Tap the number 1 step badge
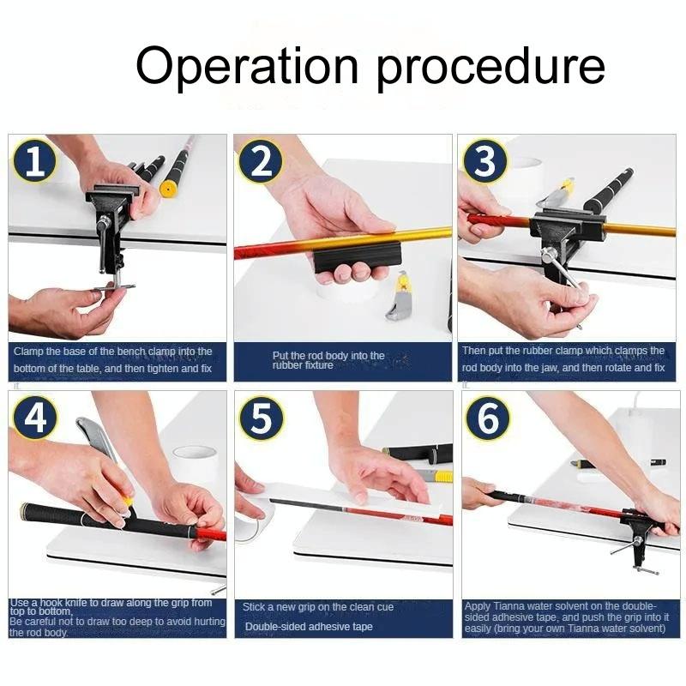pos(34,161)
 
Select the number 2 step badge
pos(261,161)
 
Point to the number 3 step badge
pos(485,161)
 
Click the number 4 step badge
pos(34,418)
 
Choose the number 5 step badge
pos(261,418)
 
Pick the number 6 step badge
pos(485,418)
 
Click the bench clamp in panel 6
pos(639,536)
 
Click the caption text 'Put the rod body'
pos(328,355)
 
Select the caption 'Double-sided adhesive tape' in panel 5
pos(309,627)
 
